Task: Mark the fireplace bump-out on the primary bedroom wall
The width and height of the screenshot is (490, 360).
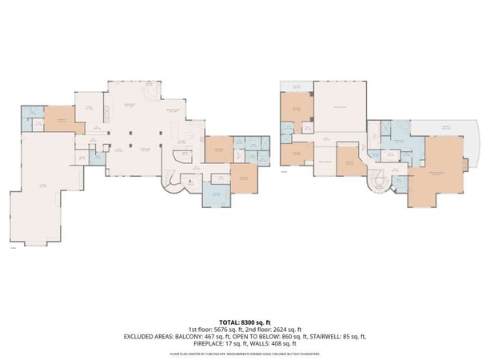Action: tap(465, 160)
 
